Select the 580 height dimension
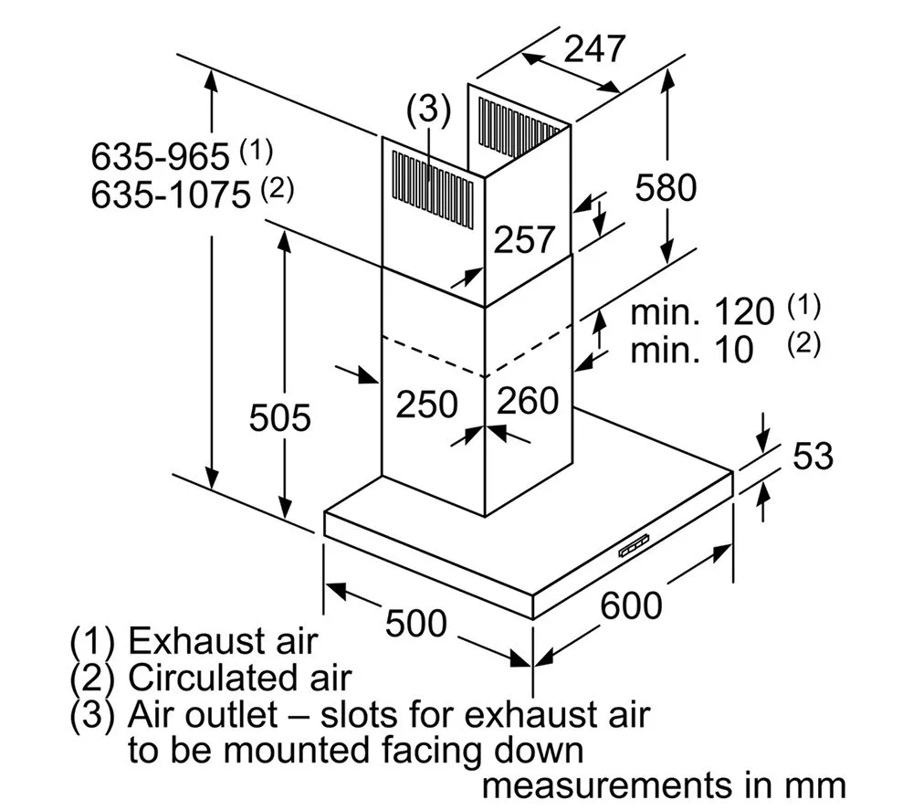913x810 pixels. click(x=666, y=187)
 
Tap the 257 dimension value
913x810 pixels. click(x=524, y=239)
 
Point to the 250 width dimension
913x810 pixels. click(x=425, y=403)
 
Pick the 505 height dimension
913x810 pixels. click(x=280, y=417)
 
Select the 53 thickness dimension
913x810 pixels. click(x=812, y=456)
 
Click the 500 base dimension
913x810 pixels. click(x=415, y=624)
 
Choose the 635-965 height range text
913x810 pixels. click(x=159, y=157)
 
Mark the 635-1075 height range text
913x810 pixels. click(x=170, y=195)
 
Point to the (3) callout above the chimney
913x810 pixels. click(x=428, y=110)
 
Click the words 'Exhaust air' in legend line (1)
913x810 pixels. click(x=223, y=640)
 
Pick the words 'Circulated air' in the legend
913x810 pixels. click(x=239, y=678)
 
